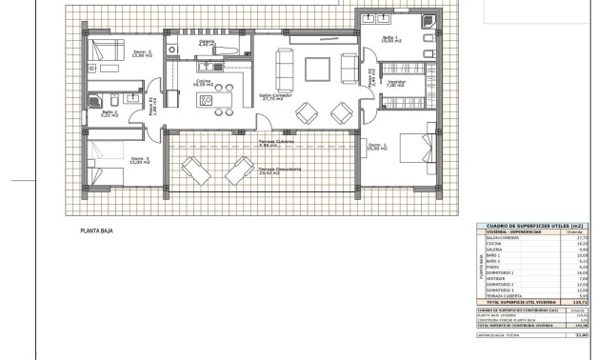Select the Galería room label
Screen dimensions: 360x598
pyautogui.click(x=207, y=43)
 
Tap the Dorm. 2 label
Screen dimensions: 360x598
pyautogui.click(x=113, y=53)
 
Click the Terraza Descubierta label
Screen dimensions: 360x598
pyautogui.click(x=281, y=170)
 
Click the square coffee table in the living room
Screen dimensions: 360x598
pyautogui.click(x=316, y=69)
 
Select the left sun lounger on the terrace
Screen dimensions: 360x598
pyautogui.click(x=197, y=171)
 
